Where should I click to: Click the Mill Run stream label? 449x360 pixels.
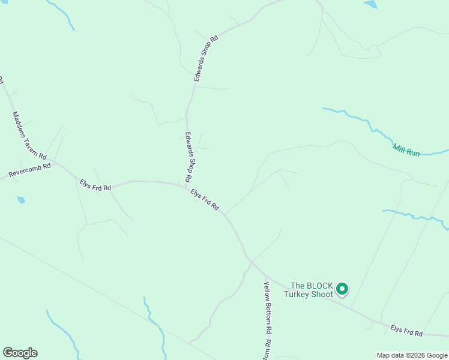coord(406,150)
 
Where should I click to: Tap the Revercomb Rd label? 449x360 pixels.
coord(29,170)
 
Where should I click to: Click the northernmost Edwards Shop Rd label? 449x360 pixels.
coord(205,58)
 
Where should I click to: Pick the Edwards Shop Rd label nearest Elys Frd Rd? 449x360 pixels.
coord(188,157)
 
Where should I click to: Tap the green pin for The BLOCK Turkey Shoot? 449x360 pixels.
coord(342,289)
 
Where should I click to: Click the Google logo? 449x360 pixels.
coord(20,353)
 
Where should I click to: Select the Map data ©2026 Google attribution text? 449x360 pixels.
coord(412,355)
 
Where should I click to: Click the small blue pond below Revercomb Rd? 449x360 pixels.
coord(21,200)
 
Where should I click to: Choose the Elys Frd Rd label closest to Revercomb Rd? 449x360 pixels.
coord(95,184)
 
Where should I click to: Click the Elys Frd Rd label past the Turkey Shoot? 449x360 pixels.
coord(406,331)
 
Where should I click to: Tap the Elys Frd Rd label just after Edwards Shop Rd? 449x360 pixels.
coord(205,199)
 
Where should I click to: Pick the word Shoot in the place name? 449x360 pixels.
coord(322,295)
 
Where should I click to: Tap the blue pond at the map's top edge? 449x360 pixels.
coord(370,4)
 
